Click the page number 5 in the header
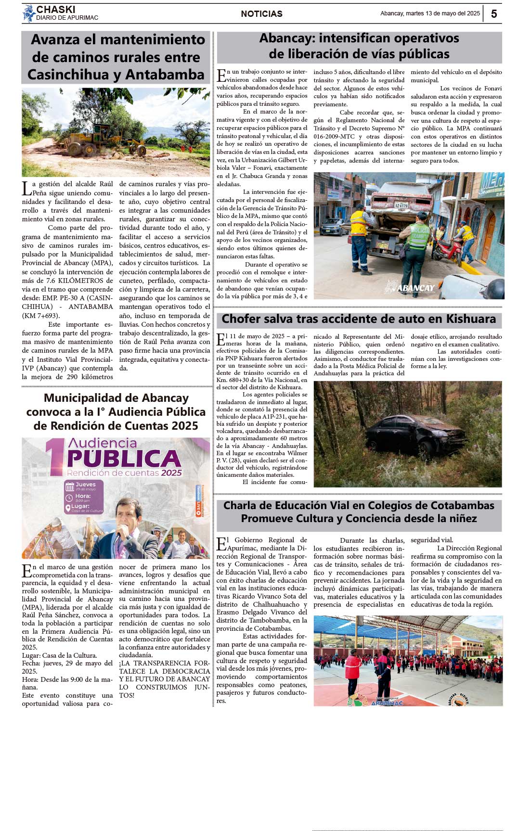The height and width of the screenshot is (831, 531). [x=494, y=14]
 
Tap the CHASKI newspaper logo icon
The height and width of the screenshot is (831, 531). [x=29, y=13]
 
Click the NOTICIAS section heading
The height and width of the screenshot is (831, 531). [x=261, y=14]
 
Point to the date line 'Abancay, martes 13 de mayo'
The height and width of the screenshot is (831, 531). [x=430, y=13]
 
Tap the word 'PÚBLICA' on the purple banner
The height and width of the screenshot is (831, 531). [x=124, y=459]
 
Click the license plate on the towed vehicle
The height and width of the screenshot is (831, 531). [x=401, y=205]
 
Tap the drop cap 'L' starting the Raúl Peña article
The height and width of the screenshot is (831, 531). [x=26, y=188]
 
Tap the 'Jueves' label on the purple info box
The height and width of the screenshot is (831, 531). [x=85, y=485]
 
